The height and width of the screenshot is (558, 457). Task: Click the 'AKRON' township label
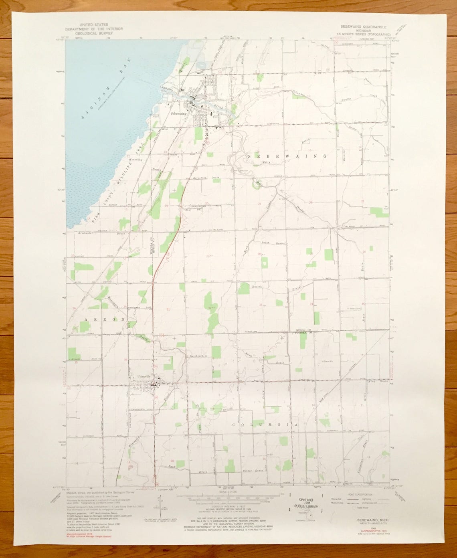click(105, 319)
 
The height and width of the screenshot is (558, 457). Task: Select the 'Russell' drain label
click(257, 287)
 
